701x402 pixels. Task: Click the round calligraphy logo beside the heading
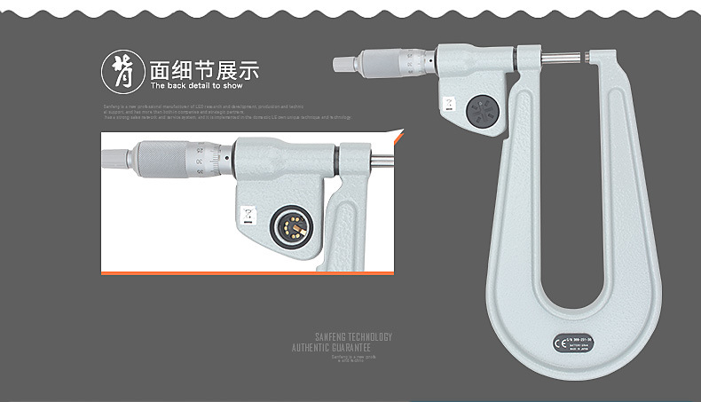point(123,70)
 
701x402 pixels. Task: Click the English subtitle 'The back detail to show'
point(196,87)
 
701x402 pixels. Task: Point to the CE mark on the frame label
point(560,342)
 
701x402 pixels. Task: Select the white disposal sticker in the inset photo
point(248,215)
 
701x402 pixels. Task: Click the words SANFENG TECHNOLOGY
point(353,337)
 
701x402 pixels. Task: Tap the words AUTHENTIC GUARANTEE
point(342,348)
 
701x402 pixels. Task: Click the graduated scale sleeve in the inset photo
point(211,159)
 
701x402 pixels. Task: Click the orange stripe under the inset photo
point(248,272)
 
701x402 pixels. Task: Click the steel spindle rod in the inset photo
point(380,161)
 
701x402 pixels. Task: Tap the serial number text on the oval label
point(585,337)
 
